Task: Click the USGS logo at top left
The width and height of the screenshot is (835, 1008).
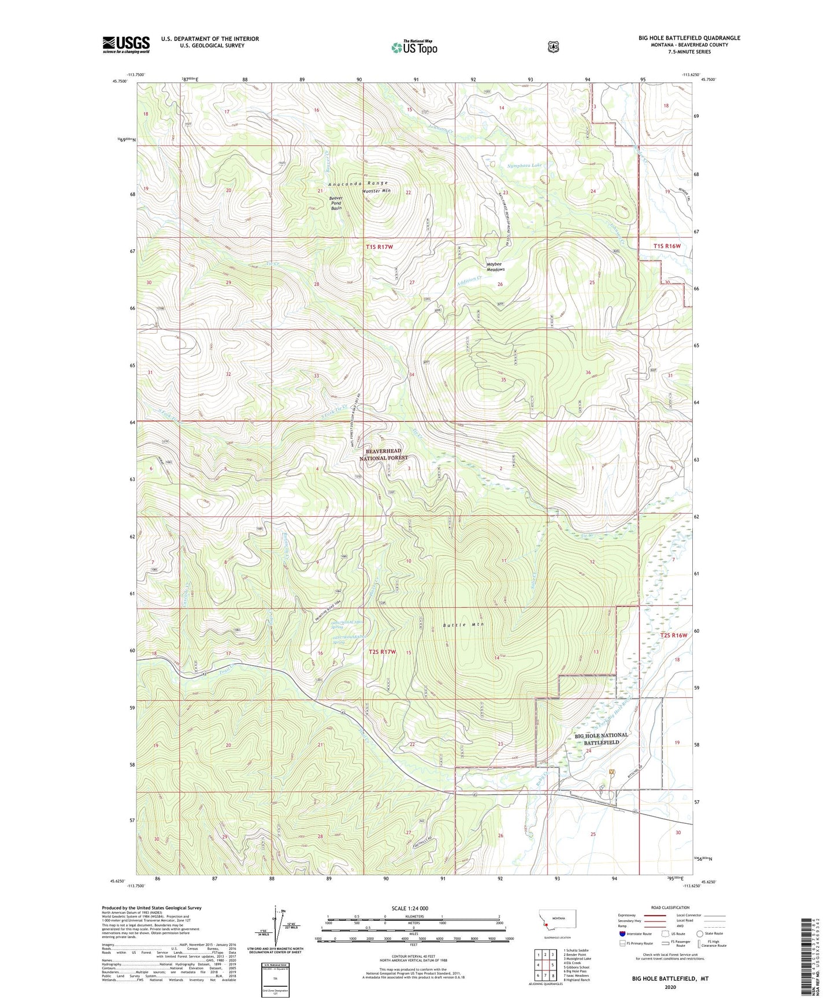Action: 126,44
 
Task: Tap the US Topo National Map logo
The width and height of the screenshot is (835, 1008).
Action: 414,47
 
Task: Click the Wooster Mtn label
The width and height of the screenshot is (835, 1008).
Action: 376,191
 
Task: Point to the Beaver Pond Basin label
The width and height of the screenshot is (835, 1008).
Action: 336,203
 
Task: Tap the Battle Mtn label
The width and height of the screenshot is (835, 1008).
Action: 463,625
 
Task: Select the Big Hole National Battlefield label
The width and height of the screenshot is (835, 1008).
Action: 601,738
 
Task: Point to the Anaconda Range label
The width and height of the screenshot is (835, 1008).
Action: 358,184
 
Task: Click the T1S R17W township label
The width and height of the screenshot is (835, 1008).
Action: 379,247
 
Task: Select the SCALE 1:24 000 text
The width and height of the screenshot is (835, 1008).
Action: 410,908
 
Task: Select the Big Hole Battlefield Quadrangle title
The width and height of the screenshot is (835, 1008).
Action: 689,38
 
